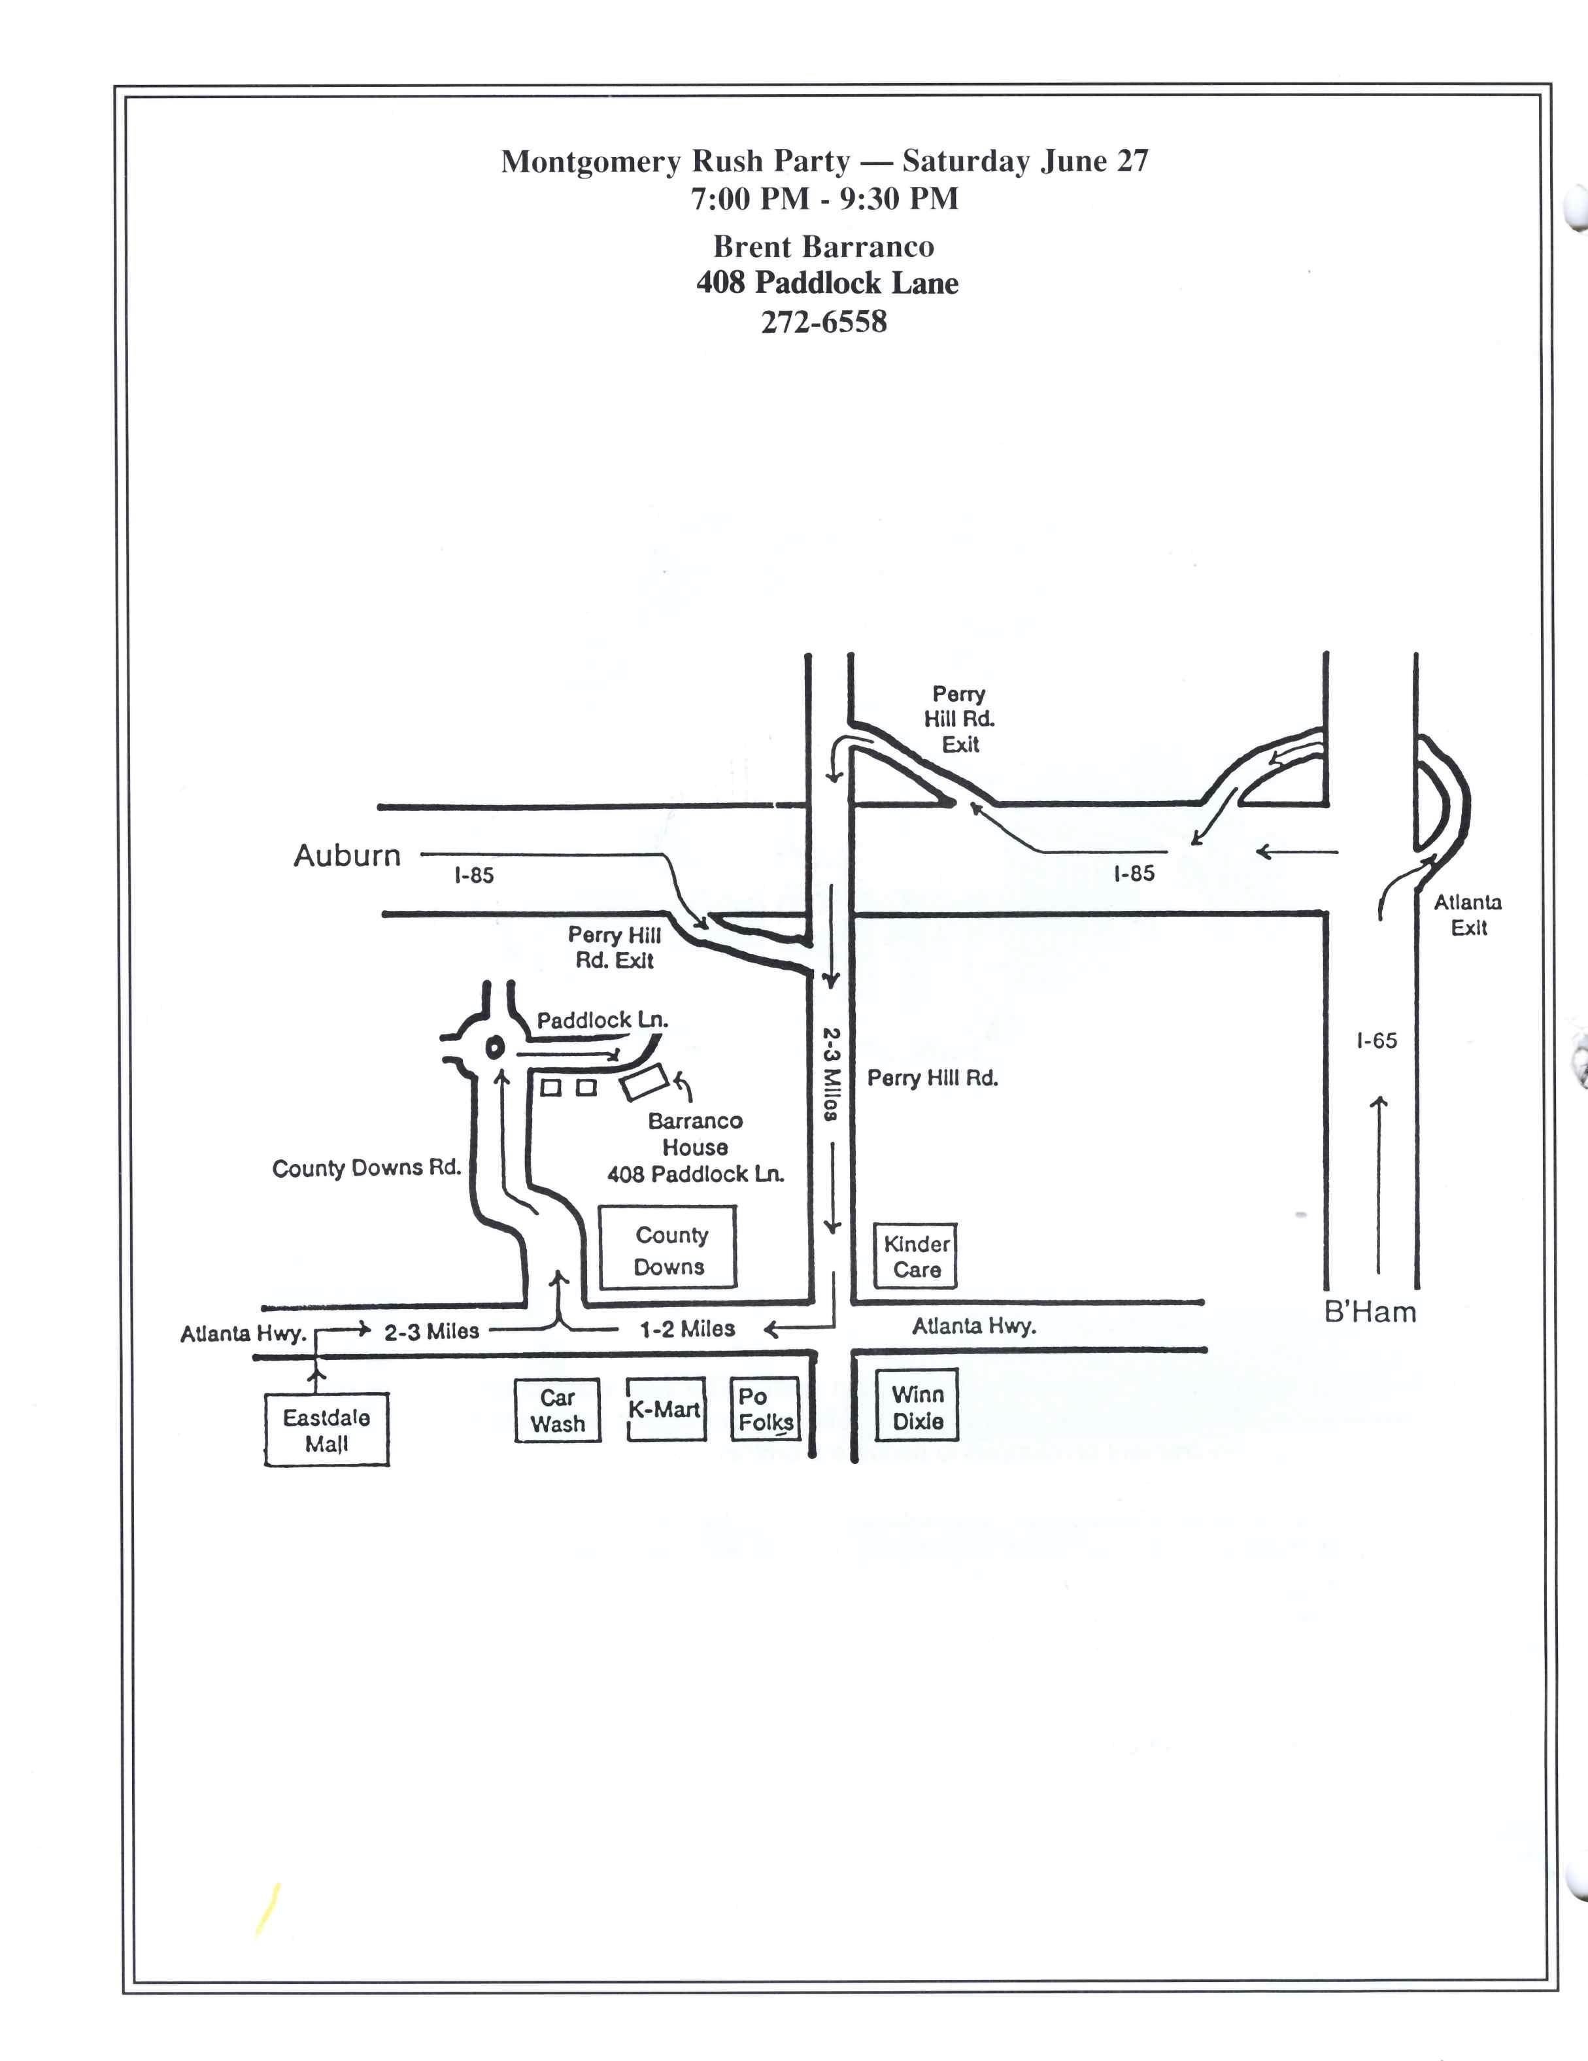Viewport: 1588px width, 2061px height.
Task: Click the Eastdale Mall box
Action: coord(326,1429)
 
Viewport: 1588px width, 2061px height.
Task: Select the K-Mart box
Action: coord(665,1410)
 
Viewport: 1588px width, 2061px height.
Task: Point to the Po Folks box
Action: coord(765,1409)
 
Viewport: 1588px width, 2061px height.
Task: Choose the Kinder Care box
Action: coord(916,1257)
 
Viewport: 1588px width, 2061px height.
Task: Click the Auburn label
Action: coord(347,856)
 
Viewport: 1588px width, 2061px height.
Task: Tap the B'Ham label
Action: coord(1370,1312)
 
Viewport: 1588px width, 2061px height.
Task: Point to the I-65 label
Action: coord(1377,1041)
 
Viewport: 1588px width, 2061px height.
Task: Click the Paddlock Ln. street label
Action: coord(602,1020)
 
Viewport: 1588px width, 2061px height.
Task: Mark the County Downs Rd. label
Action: coord(366,1168)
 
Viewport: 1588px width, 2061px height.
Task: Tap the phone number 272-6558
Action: coord(824,323)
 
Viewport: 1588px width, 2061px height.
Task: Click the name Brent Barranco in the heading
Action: coord(824,247)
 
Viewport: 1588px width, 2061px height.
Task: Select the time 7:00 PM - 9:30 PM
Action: coord(824,199)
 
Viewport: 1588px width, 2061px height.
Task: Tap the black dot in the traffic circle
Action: coord(492,1047)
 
